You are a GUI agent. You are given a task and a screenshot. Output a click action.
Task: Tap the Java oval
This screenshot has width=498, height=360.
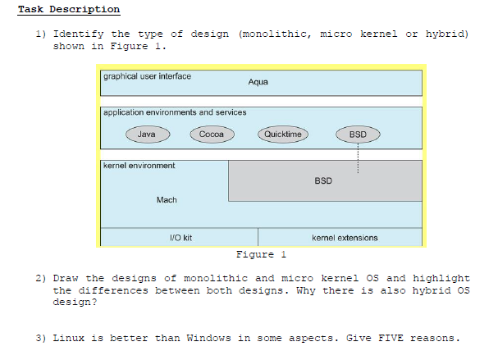pyautogui.click(x=147, y=134)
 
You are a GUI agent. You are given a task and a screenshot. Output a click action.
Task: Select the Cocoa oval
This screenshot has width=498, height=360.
pyautogui.click(x=212, y=134)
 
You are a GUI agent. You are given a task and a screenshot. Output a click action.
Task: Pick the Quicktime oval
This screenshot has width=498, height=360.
pyautogui.click(x=283, y=134)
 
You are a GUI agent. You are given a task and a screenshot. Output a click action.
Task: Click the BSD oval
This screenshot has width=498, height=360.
pyautogui.click(x=358, y=134)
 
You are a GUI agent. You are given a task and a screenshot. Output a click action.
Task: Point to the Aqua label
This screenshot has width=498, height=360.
pyautogui.click(x=258, y=82)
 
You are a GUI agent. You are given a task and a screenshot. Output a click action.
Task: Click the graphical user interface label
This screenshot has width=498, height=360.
pyautogui.click(x=147, y=76)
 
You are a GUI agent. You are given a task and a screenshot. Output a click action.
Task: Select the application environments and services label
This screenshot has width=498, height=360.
pyautogui.click(x=174, y=112)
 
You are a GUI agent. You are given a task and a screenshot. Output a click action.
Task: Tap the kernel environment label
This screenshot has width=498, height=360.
pyautogui.click(x=139, y=166)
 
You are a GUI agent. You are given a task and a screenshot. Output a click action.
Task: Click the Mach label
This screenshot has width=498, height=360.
pyautogui.click(x=167, y=199)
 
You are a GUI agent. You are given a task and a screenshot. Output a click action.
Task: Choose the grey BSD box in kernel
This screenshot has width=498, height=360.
pyautogui.click(x=324, y=180)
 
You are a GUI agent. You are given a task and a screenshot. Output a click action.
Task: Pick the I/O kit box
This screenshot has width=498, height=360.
pyautogui.click(x=180, y=238)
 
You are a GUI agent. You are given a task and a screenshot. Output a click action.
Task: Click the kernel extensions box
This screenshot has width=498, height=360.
pyautogui.click(x=345, y=238)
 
